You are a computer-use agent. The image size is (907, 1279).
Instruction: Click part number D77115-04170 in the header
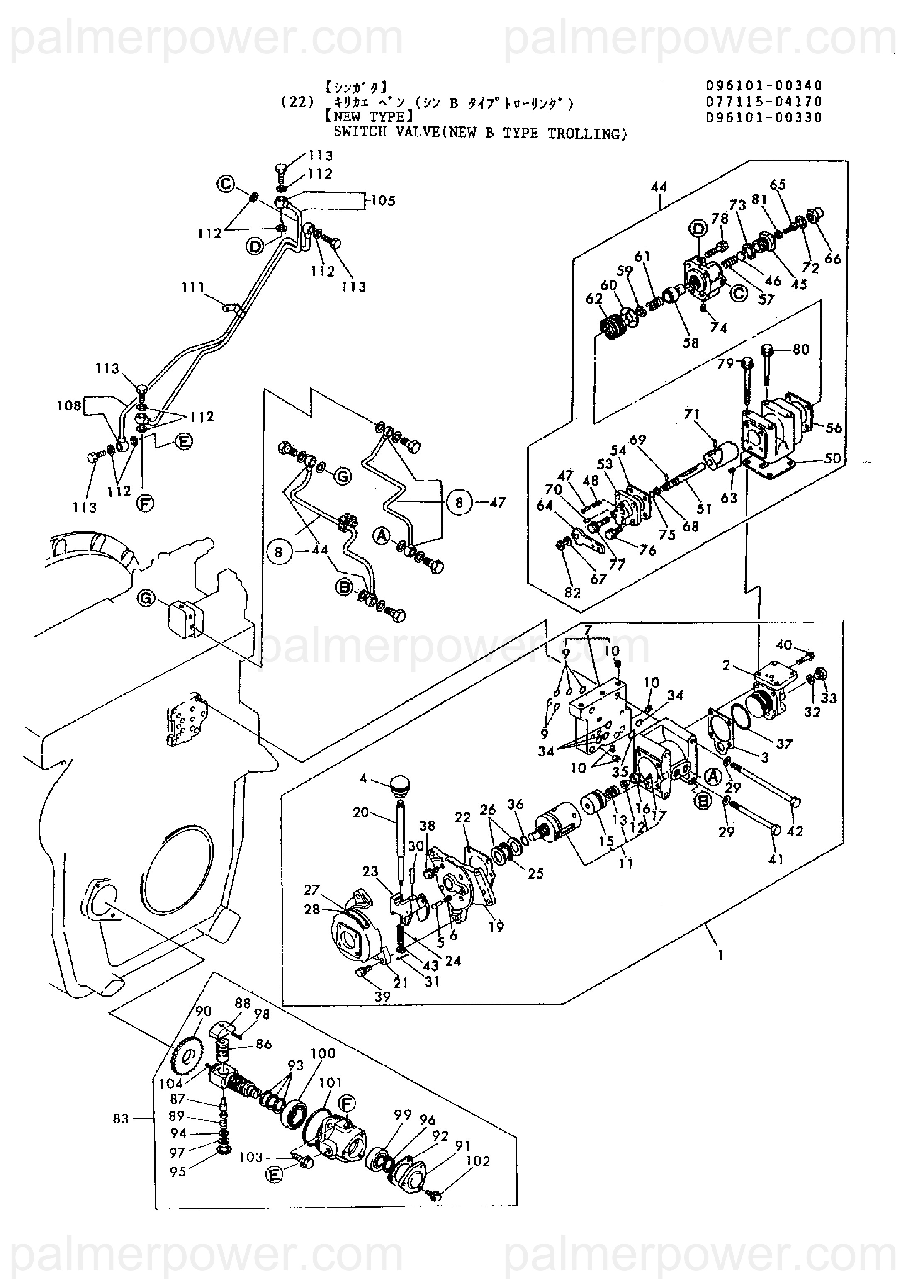[764, 102]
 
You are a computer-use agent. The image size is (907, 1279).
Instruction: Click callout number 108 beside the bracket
[69, 406]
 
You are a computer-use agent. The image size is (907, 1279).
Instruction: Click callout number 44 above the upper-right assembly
[659, 187]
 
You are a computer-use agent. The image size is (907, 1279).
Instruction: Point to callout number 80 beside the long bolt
[801, 350]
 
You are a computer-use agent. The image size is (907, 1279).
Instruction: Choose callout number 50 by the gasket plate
[832, 459]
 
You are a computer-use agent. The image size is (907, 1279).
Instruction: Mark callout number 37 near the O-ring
[784, 744]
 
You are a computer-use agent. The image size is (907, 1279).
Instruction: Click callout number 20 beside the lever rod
[361, 812]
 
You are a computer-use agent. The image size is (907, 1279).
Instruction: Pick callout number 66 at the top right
[832, 259]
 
